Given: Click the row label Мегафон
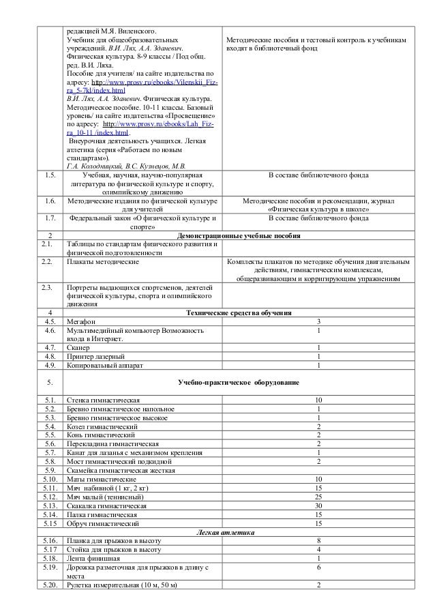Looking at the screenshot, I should click(80, 321).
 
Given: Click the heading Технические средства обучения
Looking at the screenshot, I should click(239, 312).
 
